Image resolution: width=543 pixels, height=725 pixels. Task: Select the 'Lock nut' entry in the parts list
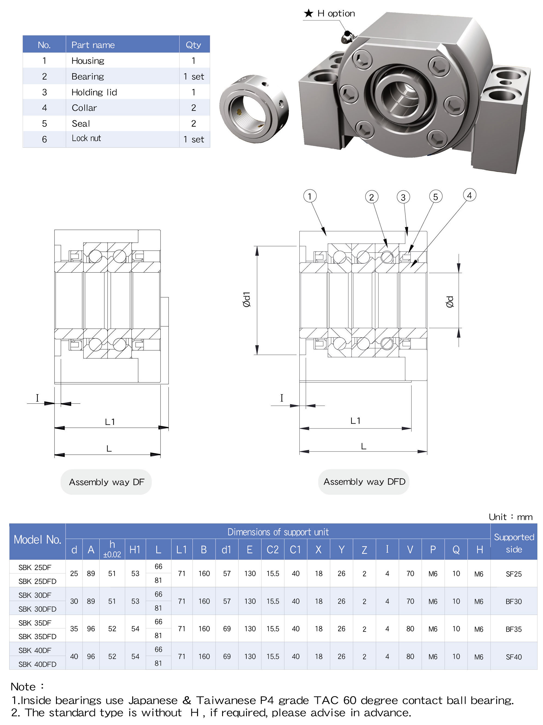[x=86, y=139]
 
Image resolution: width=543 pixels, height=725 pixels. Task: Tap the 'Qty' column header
[x=193, y=45]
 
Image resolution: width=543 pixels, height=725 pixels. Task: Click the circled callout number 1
[x=309, y=196]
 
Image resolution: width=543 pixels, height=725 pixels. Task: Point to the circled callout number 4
[x=469, y=195]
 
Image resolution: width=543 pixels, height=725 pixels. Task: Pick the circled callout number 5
[x=435, y=197]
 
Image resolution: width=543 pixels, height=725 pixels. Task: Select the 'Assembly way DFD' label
[x=364, y=482]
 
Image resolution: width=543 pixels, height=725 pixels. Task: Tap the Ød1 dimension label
[x=247, y=299]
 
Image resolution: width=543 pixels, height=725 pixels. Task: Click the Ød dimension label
[x=450, y=301]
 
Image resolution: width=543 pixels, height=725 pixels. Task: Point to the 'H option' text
[x=336, y=13]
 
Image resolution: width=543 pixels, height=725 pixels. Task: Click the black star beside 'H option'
[x=309, y=13]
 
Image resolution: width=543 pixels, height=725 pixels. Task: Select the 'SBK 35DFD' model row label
[x=37, y=637]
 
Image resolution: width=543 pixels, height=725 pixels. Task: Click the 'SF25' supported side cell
[x=514, y=574]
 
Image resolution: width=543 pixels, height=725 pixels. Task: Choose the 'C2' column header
[x=272, y=550]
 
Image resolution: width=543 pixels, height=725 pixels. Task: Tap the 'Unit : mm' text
[x=510, y=517]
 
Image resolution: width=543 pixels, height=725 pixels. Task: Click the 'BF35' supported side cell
[x=514, y=629]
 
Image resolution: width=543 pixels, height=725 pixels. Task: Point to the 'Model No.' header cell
[x=37, y=540]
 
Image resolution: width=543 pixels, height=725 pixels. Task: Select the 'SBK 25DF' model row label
[x=35, y=567]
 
